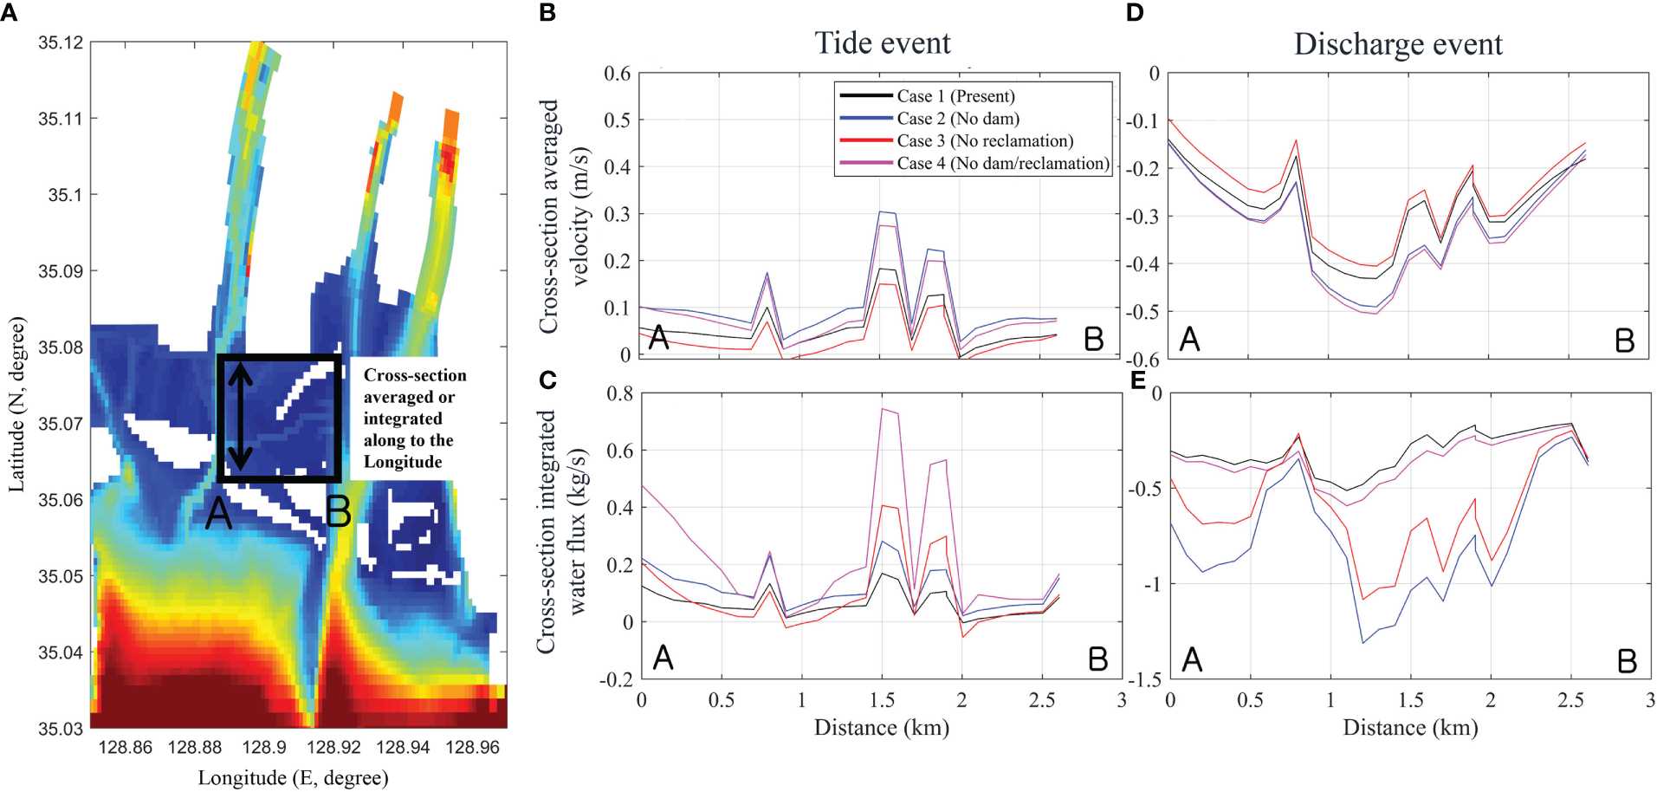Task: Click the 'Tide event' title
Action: click(882, 43)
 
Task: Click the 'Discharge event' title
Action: click(1397, 44)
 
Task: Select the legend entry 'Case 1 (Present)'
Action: click(955, 96)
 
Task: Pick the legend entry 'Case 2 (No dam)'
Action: click(957, 119)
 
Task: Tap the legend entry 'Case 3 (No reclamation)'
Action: click(985, 141)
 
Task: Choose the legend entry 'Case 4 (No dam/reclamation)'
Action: click(1002, 164)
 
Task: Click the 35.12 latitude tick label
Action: click(61, 42)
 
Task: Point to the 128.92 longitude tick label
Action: click(333, 747)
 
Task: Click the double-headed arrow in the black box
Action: click(241, 419)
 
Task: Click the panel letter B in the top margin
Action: click(547, 13)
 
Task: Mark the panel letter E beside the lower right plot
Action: click(1137, 380)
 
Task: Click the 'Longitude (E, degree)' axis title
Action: click(293, 777)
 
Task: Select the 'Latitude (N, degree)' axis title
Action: click(17, 405)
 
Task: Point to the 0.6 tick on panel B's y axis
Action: click(617, 74)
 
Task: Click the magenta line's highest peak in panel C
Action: click(883, 409)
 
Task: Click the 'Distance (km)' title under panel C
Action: click(881, 727)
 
